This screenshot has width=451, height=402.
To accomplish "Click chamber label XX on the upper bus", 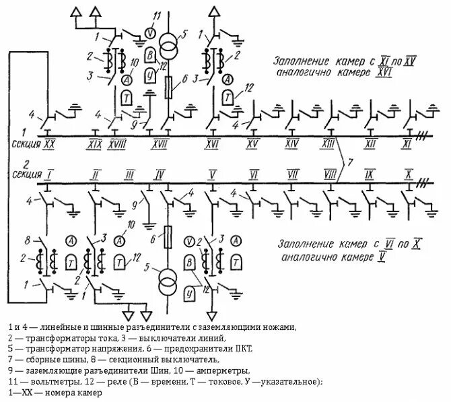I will [x=50, y=144].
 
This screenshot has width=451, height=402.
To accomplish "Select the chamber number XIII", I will [x=329, y=144].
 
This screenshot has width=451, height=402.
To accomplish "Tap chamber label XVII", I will [x=160, y=144].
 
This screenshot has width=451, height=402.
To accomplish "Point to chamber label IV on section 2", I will [x=160, y=175].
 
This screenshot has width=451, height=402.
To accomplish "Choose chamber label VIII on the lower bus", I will [x=329, y=175].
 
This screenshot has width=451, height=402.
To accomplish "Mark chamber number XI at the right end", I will [x=407, y=144].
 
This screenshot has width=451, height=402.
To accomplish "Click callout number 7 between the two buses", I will [x=349, y=164].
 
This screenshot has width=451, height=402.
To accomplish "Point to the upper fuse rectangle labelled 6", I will [x=170, y=86].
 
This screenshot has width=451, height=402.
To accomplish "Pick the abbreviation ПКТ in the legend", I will [x=244, y=349].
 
